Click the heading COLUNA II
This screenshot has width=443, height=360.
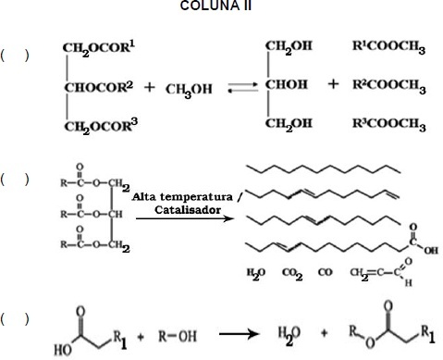pyautogui.click(x=215, y=6)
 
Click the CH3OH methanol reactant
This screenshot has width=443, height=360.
pyautogui.click(x=189, y=90)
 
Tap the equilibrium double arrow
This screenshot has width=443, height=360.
pyautogui.click(x=242, y=87)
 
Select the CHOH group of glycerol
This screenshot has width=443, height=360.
pyautogui.click(x=287, y=84)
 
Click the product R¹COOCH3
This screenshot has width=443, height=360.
pyautogui.click(x=389, y=47)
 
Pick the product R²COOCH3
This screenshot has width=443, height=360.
pyautogui.click(x=389, y=86)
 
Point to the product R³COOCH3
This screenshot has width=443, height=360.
pyautogui.click(x=389, y=125)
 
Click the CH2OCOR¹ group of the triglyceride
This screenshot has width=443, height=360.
pyautogui.click(x=99, y=49)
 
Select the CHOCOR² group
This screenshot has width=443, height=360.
pyautogui.click(x=99, y=87)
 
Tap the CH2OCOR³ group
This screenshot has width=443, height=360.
pyautogui.click(x=101, y=126)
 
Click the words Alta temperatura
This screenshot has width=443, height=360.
pyautogui.click(x=182, y=197)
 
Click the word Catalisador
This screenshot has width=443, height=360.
pyautogui.click(x=188, y=210)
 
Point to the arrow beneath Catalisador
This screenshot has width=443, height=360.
pyautogui.click(x=185, y=218)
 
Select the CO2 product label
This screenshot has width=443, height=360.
pyautogui.click(x=292, y=274)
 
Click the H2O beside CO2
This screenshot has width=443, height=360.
pyautogui.click(x=256, y=274)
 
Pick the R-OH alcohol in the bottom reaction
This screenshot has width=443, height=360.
pyautogui.click(x=178, y=336)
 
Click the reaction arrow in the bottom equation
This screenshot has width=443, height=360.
pyautogui.click(x=239, y=334)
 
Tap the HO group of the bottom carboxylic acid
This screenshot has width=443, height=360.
pyautogui.click(x=63, y=350)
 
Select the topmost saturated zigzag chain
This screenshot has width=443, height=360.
pyautogui.click(x=324, y=168)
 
